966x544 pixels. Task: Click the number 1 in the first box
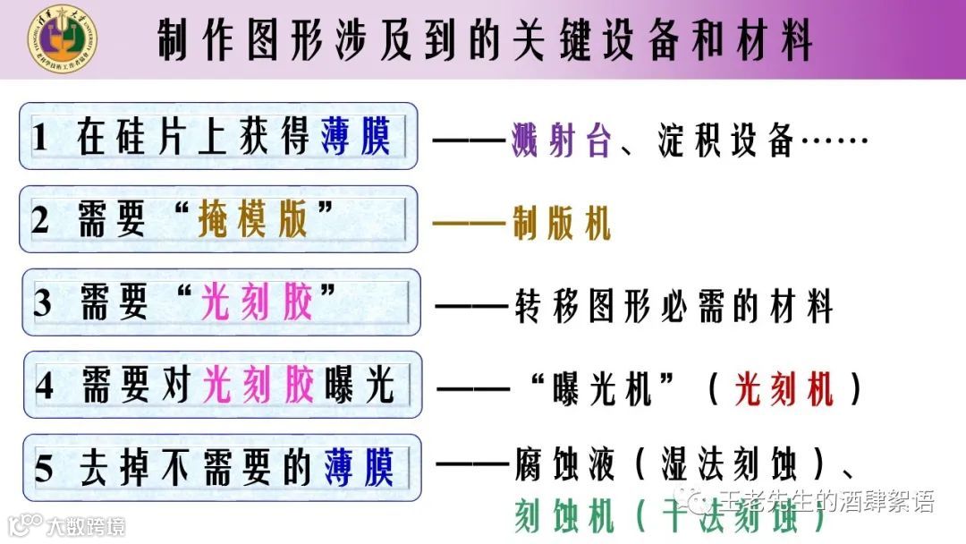[39, 139]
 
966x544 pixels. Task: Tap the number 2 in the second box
[40, 220]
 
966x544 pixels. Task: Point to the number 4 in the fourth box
[45, 386]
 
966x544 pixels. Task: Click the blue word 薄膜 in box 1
[357, 138]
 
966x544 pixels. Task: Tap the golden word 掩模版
[254, 220]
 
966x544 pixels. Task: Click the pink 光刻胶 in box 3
[258, 303]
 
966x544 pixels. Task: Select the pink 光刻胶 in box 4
[259, 386]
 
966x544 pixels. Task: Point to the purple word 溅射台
[561, 141]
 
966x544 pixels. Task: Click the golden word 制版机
[561, 224]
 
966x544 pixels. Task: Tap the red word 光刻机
[784, 389]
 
